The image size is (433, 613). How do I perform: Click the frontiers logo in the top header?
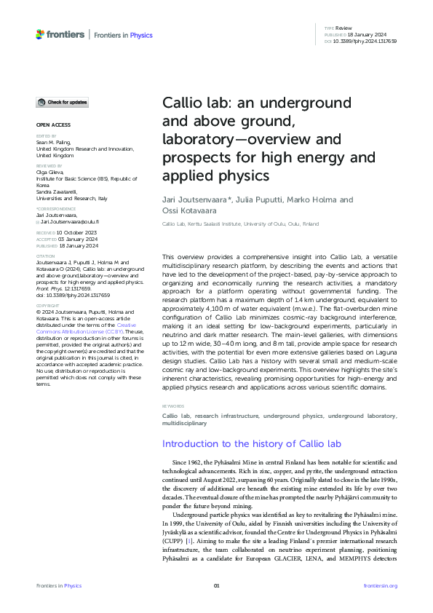(60, 34)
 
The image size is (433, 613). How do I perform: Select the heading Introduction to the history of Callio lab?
(242, 443)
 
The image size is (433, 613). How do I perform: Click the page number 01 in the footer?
(216, 585)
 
